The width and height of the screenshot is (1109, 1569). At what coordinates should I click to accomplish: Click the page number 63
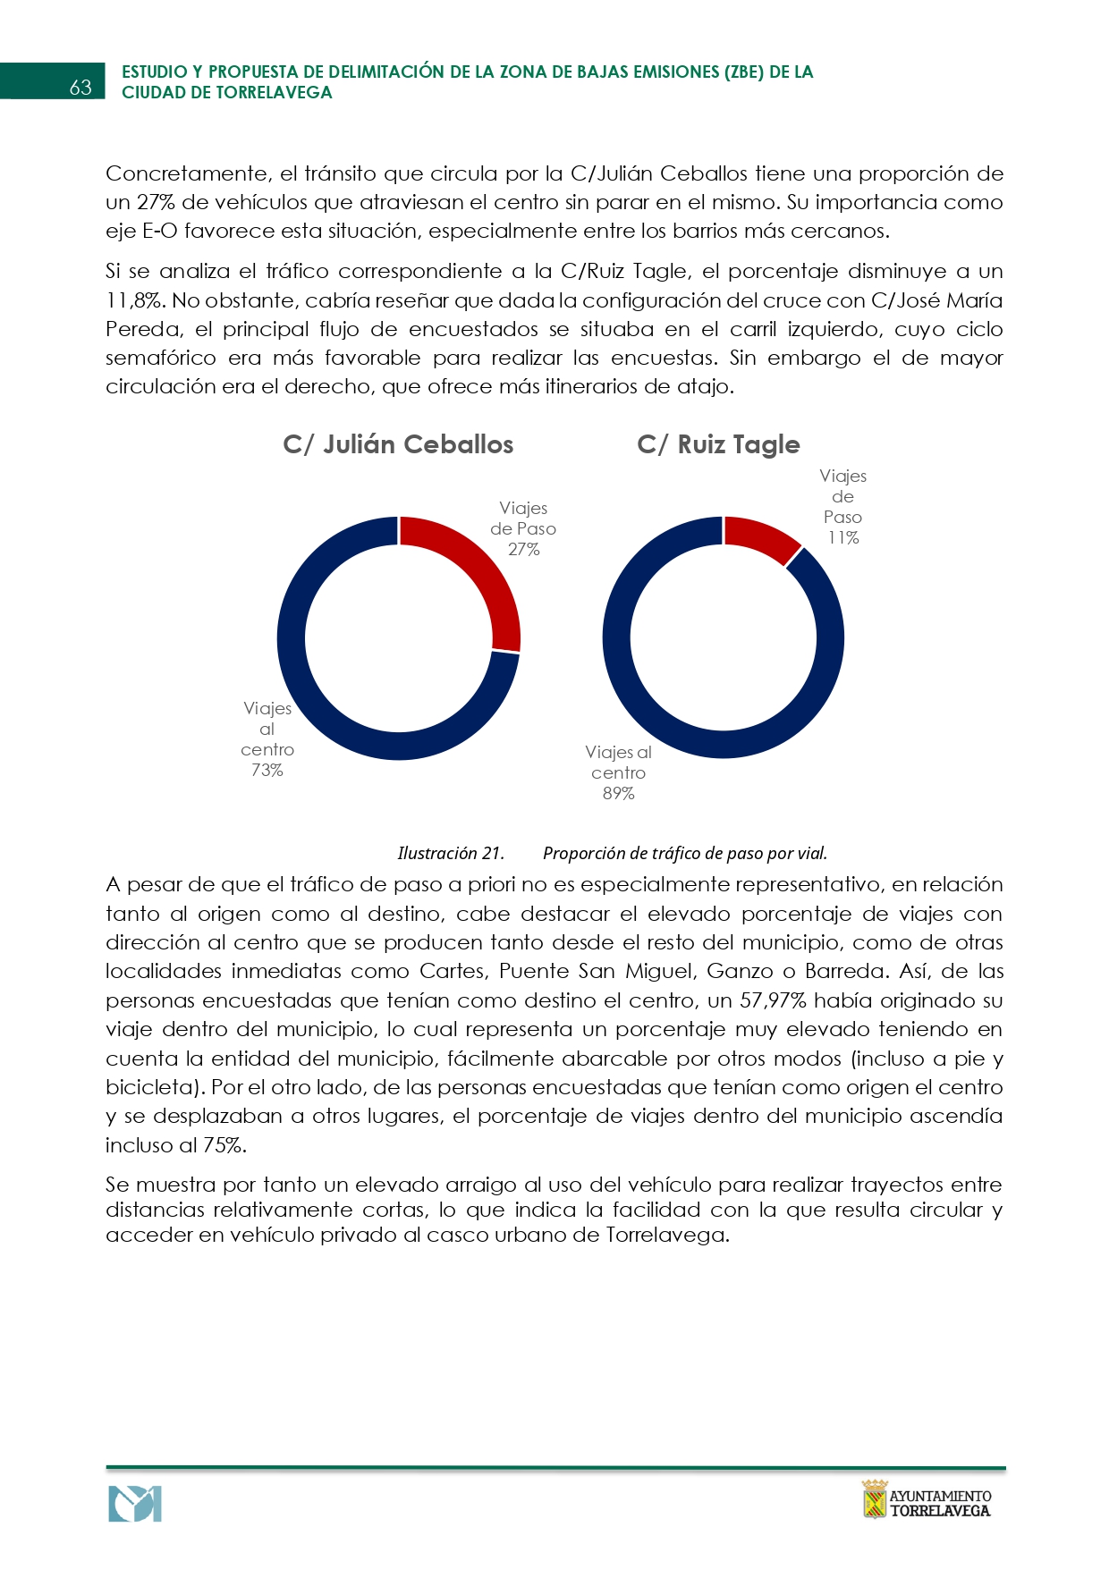pyautogui.click(x=80, y=87)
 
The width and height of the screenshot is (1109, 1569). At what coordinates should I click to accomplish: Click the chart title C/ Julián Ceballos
pyautogui.click(x=398, y=444)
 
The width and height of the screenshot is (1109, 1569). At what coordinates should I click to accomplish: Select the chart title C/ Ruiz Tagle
pyautogui.click(x=718, y=444)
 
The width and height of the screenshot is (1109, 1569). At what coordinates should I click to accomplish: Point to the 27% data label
pyautogui.click(x=524, y=549)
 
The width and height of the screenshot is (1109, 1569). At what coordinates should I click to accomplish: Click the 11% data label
pyautogui.click(x=843, y=537)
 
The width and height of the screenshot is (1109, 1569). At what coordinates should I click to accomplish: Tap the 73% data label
pyautogui.click(x=267, y=770)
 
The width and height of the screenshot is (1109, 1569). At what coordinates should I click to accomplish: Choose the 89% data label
pyautogui.click(x=618, y=793)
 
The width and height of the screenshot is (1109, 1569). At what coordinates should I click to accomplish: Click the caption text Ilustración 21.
pyautogui.click(x=451, y=853)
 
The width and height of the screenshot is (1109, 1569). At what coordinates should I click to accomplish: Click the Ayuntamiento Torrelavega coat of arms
pyautogui.click(x=874, y=1499)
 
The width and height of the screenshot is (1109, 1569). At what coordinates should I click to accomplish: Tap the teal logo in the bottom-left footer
pyautogui.click(x=135, y=1504)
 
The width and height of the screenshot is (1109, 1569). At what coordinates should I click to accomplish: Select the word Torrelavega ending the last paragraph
pyautogui.click(x=665, y=1235)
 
